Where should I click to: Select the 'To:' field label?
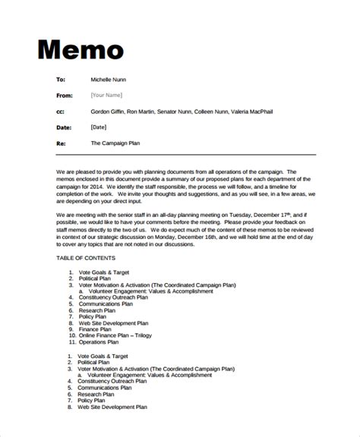tap(62, 79)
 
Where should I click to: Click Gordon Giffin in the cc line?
tap(111, 111)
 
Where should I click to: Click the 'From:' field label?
tap(65, 95)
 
